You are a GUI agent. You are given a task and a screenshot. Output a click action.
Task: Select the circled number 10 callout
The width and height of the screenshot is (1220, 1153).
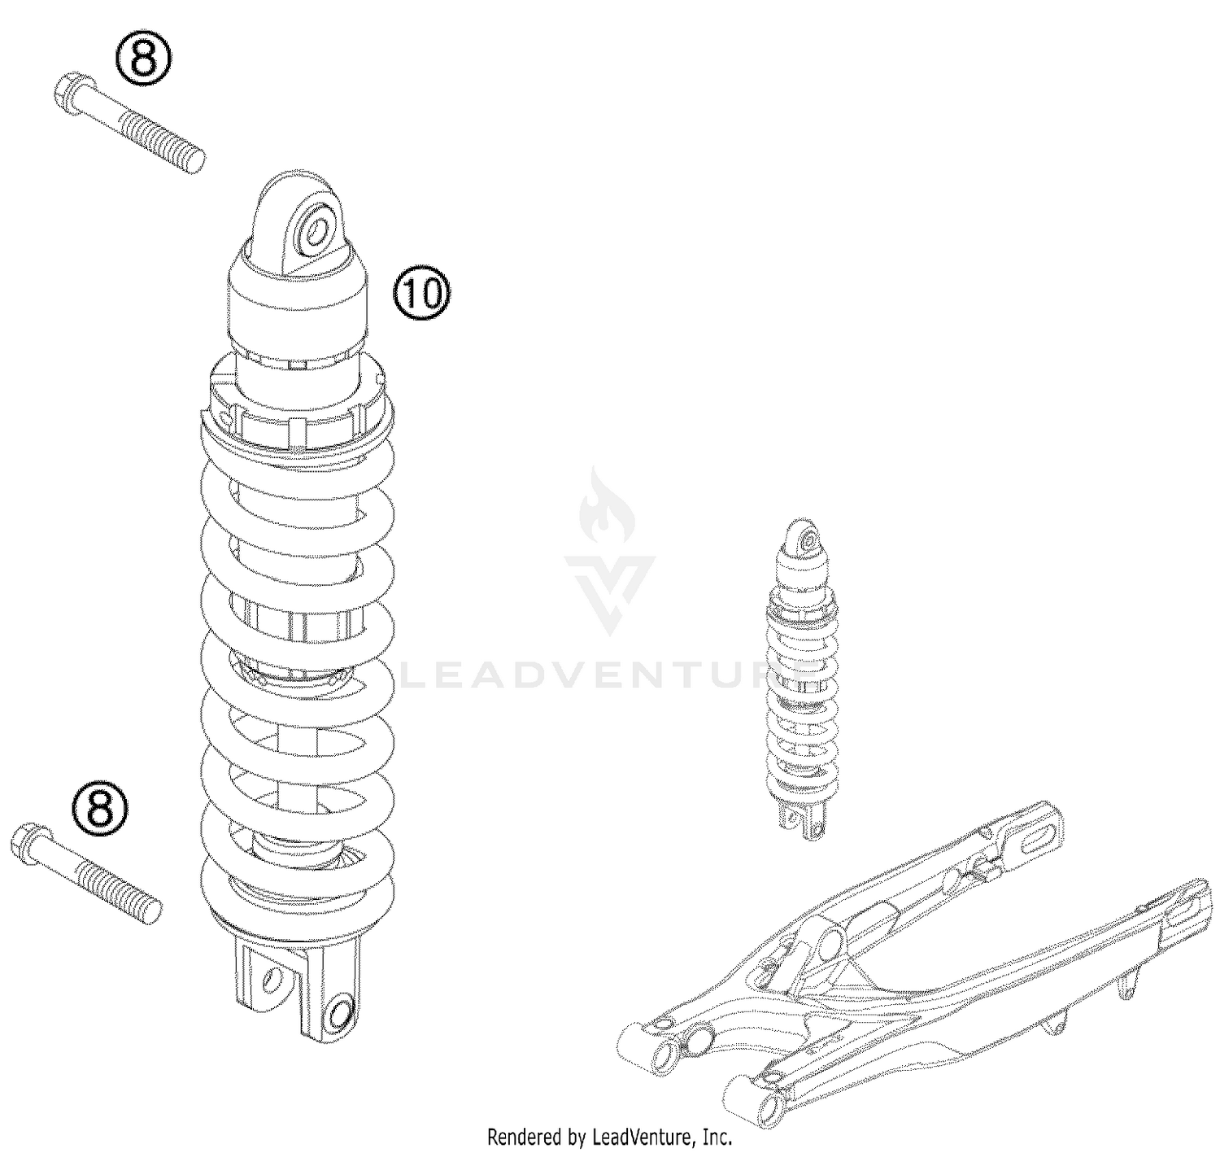tap(422, 295)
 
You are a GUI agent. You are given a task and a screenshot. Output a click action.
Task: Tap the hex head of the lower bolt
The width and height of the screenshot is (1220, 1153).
tap(26, 839)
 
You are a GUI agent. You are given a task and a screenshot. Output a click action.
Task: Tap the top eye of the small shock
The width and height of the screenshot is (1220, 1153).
tap(808, 539)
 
